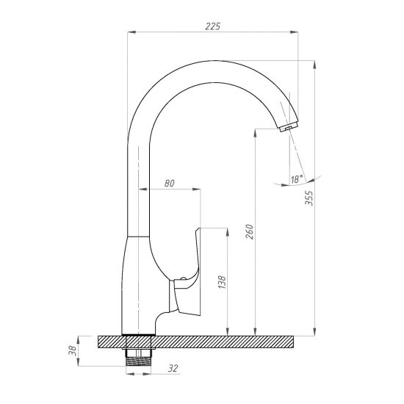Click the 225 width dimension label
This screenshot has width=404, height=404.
[x=213, y=26]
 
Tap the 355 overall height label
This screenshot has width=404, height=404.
[x=309, y=198]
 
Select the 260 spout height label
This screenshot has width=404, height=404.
[x=250, y=231]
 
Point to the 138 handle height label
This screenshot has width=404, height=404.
[x=222, y=282]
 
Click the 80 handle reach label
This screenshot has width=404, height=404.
[x=169, y=183]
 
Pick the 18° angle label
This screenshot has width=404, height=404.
[x=297, y=179]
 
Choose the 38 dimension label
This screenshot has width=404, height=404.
[x=73, y=351]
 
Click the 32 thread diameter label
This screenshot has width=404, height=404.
[x=173, y=369]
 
